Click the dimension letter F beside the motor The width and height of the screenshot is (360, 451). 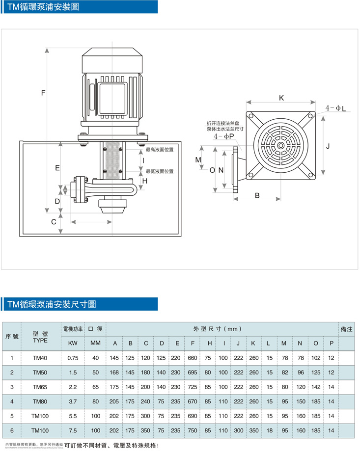pos(43,93)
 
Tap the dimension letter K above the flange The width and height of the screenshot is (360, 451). pos(281,98)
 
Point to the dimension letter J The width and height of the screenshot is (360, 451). pos(328,146)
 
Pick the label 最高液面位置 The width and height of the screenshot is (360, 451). pos(160,149)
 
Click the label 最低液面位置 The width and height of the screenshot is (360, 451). pos(160,171)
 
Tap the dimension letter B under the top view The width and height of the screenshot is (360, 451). pos(257,195)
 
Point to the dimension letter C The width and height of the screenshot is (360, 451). pos(54,222)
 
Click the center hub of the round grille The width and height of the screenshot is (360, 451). pos(280,145)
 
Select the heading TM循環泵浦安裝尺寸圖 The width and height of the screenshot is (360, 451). pos(52,305)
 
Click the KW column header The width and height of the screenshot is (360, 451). pos(72,343)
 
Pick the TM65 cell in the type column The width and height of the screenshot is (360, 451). pos(40,387)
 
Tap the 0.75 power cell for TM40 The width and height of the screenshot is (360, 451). pos(72,358)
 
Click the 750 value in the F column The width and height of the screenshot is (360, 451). pos(193,430)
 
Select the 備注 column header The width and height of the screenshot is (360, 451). pos(346,329)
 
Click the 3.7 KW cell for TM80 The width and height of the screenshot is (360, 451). pos(72,401)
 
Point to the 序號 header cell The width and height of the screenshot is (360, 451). pos(12,336)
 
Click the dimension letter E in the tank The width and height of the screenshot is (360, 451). pos(57,168)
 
